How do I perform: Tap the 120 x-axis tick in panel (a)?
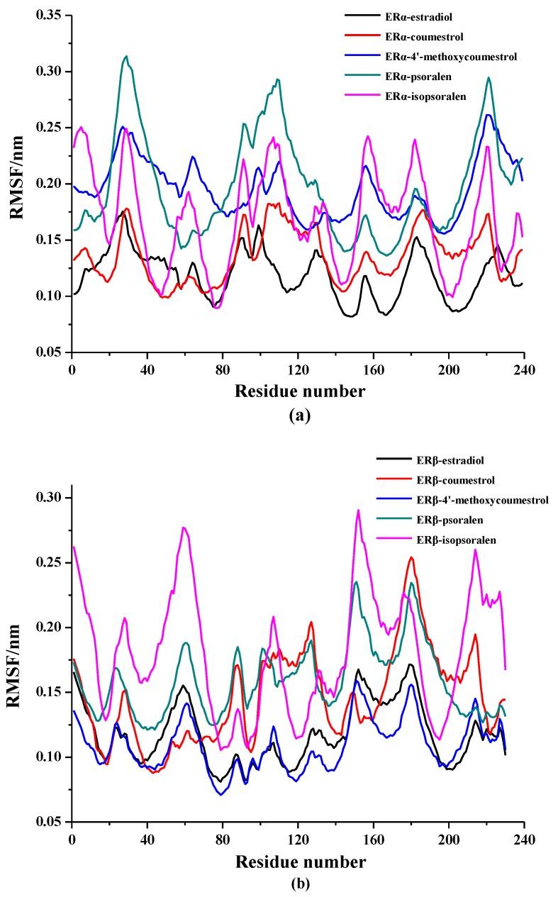(298, 369)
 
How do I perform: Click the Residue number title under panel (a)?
(298, 391)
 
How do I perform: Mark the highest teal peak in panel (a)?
(126, 56)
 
